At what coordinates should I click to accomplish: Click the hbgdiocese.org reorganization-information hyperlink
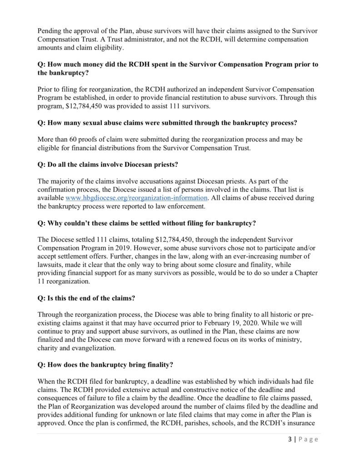pos(137,198)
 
